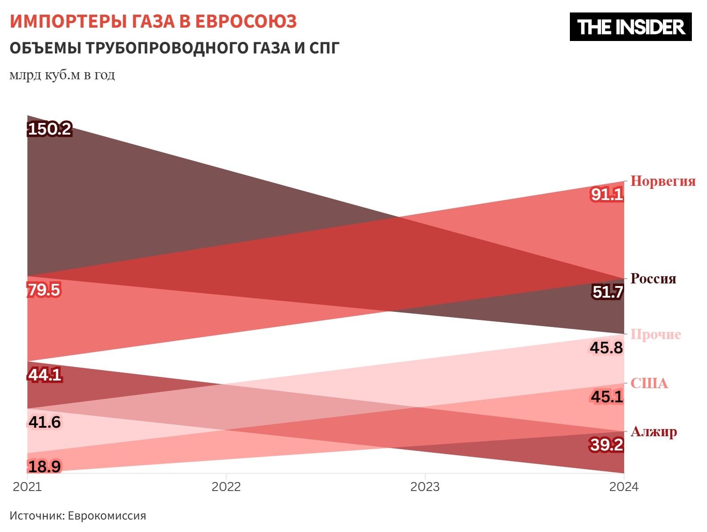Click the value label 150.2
[x=49, y=129]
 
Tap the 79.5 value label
[x=44, y=290]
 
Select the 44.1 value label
[x=45, y=375]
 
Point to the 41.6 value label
[x=45, y=422]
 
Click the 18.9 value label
[x=45, y=467]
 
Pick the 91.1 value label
[x=607, y=194]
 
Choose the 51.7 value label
[x=608, y=292]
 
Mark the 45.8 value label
[x=606, y=348]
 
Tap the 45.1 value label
[x=607, y=397]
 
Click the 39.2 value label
[x=606, y=445]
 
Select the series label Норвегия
[x=663, y=181]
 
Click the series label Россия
[x=653, y=279]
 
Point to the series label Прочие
[x=656, y=334]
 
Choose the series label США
[x=649, y=383]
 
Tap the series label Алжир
[x=654, y=431]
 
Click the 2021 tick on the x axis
[x=27, y=487]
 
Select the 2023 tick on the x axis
[x=425, y=487]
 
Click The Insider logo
[x=630, y=27]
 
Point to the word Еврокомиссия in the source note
[x=107, y=516]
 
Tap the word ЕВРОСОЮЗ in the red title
[x=246, y=21]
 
